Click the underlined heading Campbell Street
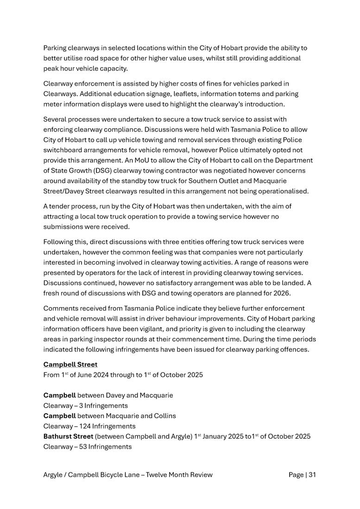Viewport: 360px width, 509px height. pos(70,364)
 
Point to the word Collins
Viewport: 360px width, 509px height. pos(164,415)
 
